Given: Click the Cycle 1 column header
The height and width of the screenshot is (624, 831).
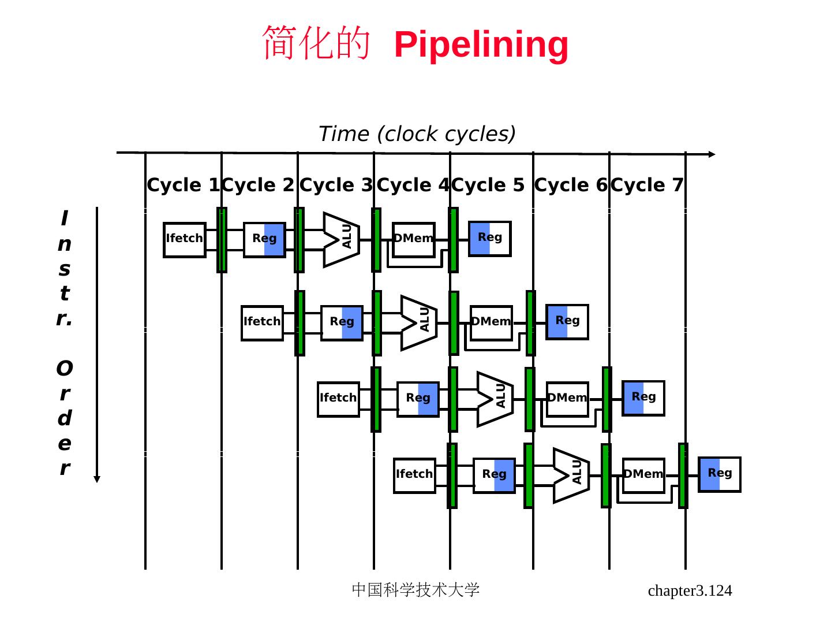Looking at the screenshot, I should [183, 185].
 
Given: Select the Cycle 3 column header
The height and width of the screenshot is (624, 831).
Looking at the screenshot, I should [336, 185].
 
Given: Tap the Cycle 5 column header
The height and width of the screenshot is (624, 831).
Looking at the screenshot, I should [488, 185].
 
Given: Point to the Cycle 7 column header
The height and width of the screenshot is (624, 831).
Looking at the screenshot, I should [647, 185].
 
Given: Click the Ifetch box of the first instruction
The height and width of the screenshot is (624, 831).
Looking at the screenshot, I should [185, 239].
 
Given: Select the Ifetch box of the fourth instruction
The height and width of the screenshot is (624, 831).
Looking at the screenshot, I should [414, 475].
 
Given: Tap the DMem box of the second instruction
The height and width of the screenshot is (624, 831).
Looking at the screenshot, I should [491, 322].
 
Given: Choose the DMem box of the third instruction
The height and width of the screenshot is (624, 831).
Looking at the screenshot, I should [567, 399].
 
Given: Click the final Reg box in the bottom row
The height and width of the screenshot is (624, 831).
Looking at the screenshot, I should [719, 474].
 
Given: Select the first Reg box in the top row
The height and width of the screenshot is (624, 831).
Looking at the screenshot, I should [264, 239].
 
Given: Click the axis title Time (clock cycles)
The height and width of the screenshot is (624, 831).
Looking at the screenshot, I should [417, 134].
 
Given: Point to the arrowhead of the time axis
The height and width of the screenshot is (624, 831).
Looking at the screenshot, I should [712, 154].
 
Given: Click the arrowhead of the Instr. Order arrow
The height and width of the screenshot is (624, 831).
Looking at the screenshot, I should [97, 479].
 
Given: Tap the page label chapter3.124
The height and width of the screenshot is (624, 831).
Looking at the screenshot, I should [690, 590].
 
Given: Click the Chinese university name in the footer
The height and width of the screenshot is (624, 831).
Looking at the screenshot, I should [415, 590].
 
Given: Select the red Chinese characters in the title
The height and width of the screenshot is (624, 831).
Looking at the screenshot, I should [316, 43].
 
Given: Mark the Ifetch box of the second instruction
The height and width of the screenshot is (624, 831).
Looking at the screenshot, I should [262, 322].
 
